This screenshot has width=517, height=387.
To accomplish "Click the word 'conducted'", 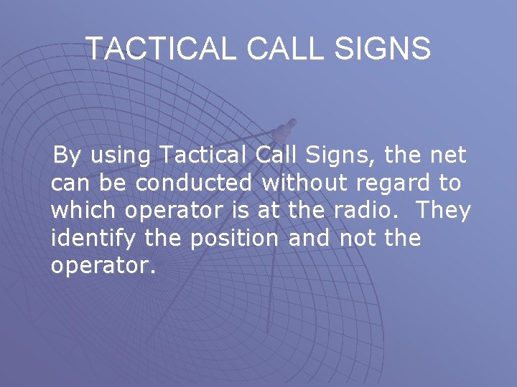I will [x=194, y=183].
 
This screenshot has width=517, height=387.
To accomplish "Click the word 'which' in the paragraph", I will [x=85, y=211].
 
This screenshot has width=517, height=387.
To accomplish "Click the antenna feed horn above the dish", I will [x=287, y=129].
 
